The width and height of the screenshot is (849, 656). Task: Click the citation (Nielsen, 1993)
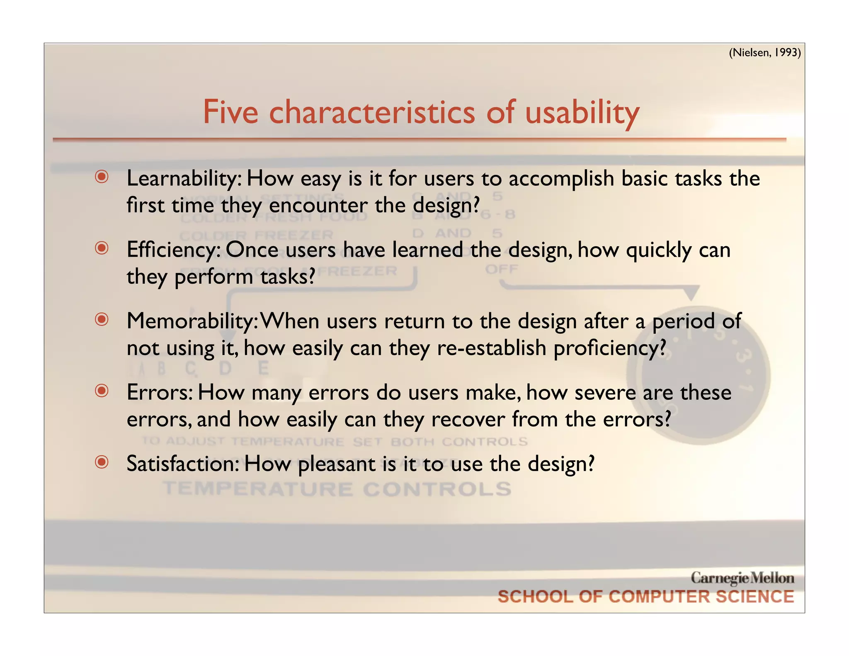[764, 53]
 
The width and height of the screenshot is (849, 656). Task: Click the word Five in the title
[230, 112]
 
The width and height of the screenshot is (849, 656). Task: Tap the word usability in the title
[582, 113]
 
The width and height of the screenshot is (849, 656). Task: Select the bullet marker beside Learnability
[102, 177]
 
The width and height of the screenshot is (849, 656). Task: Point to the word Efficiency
[173, 250]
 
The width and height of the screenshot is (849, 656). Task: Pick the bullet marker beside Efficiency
[102, 248]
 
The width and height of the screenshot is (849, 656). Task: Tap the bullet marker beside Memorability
[102, 319]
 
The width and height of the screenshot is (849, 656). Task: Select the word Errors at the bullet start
[160, 393]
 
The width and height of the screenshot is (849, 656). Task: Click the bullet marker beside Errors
[102, 391]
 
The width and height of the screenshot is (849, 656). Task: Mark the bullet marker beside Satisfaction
[102, 462]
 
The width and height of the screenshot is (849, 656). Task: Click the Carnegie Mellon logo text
[742, 578]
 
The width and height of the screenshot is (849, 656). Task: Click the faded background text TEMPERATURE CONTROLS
[337, 489]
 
